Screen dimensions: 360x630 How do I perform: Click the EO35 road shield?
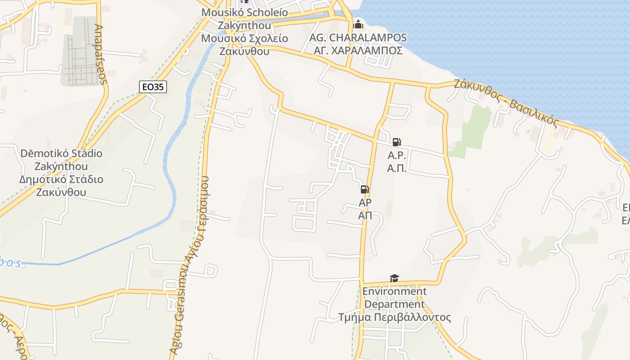[153, 87]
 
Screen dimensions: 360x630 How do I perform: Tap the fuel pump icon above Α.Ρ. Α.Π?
[396, 143]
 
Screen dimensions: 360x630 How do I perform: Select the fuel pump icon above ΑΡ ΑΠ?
[365, 189]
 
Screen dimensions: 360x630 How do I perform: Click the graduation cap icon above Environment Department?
[394, 279]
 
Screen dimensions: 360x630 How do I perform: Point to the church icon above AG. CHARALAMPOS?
[358, 24]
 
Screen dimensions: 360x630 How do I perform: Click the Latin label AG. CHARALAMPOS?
[358, 38]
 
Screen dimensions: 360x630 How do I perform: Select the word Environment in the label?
[394, 292]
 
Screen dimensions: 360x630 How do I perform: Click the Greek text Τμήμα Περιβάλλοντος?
[395, 317]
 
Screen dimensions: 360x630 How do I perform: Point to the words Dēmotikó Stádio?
[61, 153]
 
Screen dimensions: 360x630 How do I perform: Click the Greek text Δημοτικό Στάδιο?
[61, 180]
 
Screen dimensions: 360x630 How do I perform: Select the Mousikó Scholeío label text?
[244, 12]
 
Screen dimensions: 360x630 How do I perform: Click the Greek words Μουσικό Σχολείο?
[244, 38]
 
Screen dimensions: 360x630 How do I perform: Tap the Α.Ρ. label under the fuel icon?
[397, 156]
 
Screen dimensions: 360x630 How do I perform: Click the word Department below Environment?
[394, 304]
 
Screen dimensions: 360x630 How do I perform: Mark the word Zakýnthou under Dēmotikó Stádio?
[61, 166]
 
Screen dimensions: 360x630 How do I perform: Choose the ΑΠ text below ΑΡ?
[365, 216]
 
